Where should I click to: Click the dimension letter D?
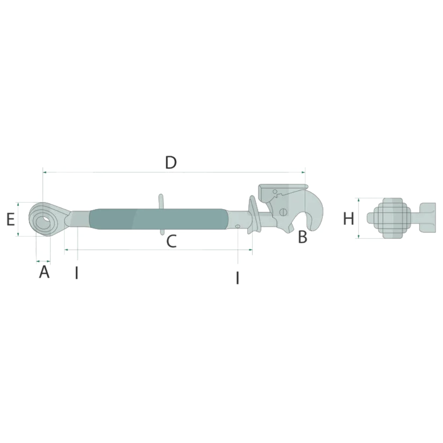coord(171,163)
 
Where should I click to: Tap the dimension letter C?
coord(171,241)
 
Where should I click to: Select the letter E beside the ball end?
coord(10,219)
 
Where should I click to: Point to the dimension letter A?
coord(44,272)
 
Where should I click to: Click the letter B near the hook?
coord(303,237)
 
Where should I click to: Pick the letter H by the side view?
coord(348,219)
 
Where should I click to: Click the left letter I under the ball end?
coord(77,273)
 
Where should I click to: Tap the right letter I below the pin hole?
coord(237,278)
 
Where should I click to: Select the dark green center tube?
coord(158,219)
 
